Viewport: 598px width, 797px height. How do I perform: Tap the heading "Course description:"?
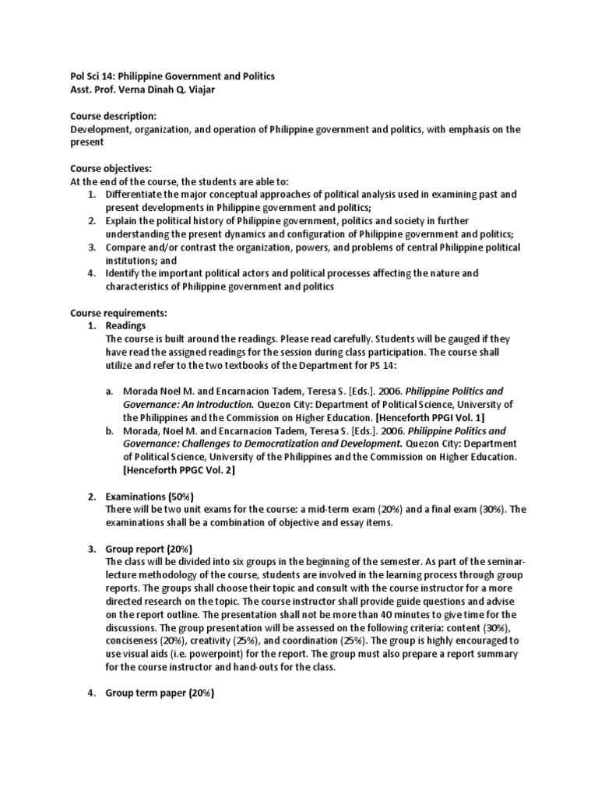[114, 116]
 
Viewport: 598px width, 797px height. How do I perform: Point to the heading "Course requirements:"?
[116, 313]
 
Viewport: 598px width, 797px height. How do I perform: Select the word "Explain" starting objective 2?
[123, 220]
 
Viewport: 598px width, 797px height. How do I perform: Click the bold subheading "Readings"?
[125, 325]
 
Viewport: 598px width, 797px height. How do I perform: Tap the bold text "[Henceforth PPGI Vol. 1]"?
[436, 417]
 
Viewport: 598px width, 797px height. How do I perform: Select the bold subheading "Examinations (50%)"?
[149, 497]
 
